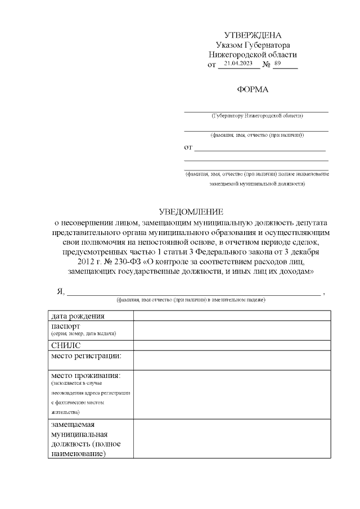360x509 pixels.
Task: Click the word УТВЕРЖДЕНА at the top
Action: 253,35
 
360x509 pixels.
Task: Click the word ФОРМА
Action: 253,89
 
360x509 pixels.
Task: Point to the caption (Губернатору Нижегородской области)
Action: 257,116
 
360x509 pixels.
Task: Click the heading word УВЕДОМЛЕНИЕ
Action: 191,212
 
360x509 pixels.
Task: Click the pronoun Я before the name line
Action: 60,291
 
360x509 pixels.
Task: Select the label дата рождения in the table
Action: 78,316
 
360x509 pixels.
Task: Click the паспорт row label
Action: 66,326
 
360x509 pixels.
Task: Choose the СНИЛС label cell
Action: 66,345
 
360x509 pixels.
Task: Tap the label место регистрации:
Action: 87,355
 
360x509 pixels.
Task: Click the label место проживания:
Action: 86,375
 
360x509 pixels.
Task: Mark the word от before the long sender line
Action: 188,148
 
